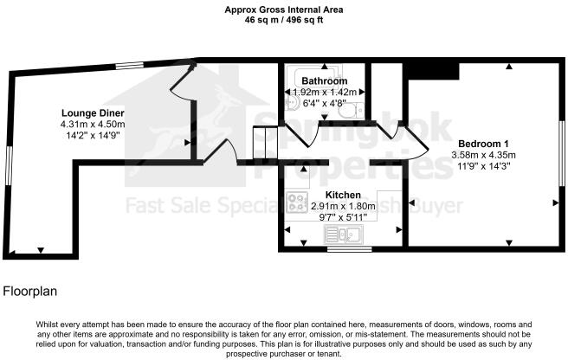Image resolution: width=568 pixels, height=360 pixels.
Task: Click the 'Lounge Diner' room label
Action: (x=93, y=112)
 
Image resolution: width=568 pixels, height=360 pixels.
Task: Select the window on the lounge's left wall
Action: (x=10, y=169)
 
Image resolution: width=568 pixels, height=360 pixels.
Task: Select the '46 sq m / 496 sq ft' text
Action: (x=285, y=18)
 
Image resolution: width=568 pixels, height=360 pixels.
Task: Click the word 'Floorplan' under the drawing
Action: (x=31, y=292)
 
